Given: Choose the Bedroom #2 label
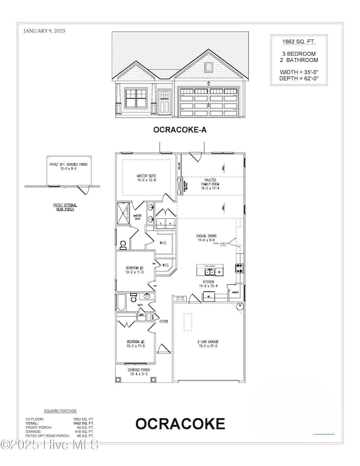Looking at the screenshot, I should coord(135,342).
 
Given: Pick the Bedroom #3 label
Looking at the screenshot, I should coord(135,270).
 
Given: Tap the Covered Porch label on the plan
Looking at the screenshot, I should coord(138,372).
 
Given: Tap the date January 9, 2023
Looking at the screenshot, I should coord(44,31).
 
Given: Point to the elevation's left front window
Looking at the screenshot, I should coord(136,99).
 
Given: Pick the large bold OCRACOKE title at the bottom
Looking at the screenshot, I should coord(180,424).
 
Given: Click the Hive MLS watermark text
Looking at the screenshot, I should coord(50,445).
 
